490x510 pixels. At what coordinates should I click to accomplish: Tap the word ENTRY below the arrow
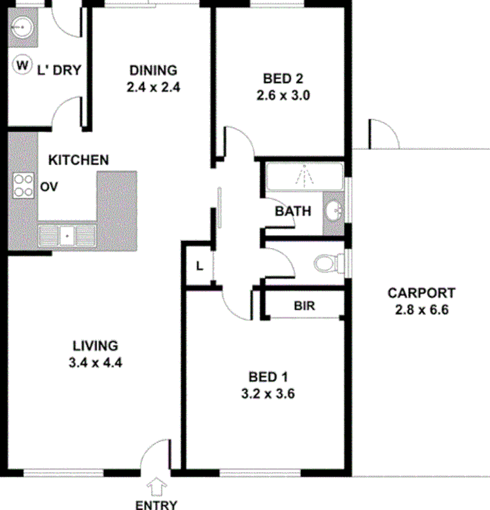coord(156,504)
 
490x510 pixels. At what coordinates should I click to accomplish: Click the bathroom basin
coord(334,211)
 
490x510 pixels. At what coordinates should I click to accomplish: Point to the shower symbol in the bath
coord(304,175)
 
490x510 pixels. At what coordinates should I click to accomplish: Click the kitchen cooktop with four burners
coord(24,185)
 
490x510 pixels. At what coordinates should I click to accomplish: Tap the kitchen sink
coord(66,234)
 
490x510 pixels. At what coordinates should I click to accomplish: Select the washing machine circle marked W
coord(23,65)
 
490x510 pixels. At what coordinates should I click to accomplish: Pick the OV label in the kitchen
coord(50,187)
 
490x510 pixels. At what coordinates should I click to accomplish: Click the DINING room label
coord(153,70)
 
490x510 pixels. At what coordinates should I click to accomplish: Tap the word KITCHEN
coord(79,160)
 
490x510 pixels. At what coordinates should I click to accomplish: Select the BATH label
coord(293,211)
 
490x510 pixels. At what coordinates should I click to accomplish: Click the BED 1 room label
coord(270,377)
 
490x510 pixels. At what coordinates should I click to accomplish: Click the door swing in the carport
coord(383,135)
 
